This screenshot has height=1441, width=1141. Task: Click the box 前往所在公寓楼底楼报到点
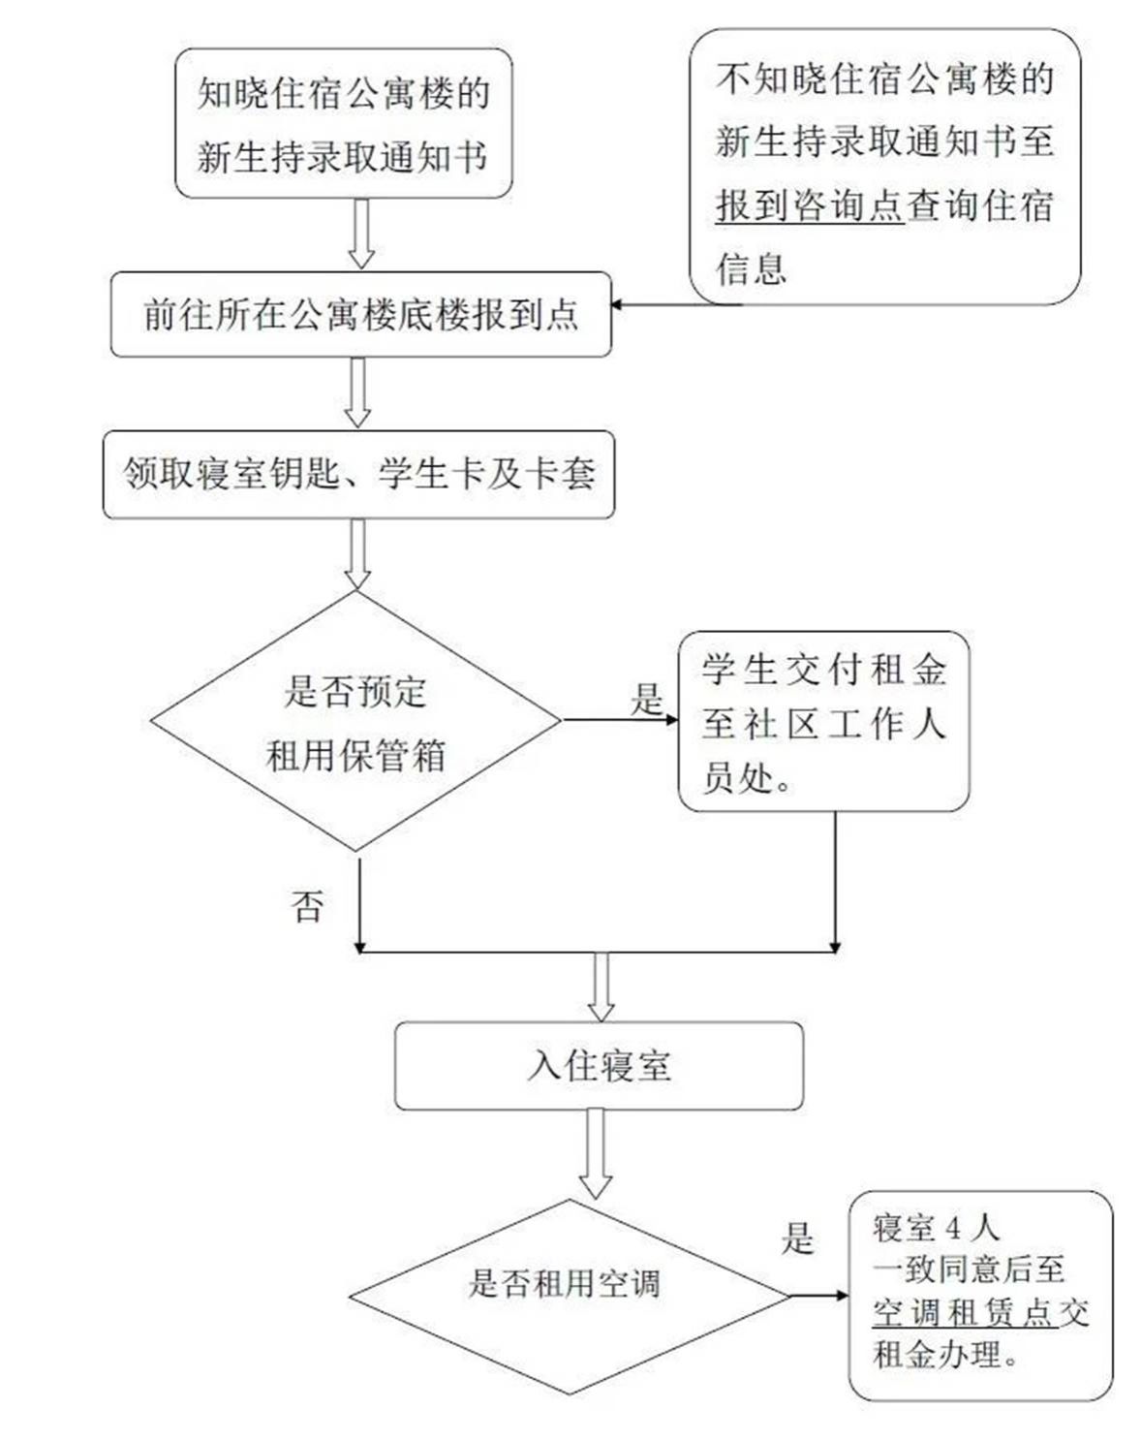[x=360, y=314]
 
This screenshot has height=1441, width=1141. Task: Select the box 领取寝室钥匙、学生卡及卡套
[x=358, y=474]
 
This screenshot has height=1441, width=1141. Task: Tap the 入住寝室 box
[x=599, y=1065]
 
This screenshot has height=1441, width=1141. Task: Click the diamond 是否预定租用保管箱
[x=355, y=722]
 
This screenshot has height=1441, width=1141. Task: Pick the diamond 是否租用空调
[x=569, y=1295]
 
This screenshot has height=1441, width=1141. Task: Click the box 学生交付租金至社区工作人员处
[x=823, y=722]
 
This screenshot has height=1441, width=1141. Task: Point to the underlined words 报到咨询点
[x=810, y=205]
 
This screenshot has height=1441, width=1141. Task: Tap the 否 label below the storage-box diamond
[x=307, y=906]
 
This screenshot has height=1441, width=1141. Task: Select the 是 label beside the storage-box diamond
[x=647, y=699]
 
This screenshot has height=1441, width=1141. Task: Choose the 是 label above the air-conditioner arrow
[x=797, y=1237]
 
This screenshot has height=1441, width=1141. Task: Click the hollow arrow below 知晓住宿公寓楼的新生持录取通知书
[x=361, y=234]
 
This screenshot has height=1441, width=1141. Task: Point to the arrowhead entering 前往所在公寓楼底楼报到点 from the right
[x=617, y=305]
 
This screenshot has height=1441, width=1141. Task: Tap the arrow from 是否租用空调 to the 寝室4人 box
[x=819, y=1296]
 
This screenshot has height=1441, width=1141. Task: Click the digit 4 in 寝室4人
[x=954, y=1229]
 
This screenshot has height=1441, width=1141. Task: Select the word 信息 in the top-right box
[x=752, y=268]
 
